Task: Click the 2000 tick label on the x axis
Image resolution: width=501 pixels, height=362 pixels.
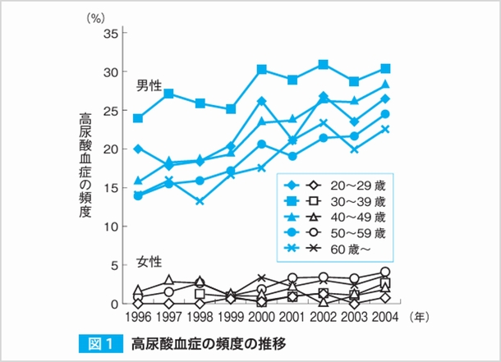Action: click(261, 317)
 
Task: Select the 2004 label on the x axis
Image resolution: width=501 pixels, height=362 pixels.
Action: click(384, 317)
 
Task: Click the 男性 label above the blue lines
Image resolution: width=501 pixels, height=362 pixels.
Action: click(149, 86)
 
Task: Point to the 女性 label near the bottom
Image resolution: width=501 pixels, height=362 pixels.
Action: click(149, 263)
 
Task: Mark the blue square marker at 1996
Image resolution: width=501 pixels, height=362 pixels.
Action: click(138, 118)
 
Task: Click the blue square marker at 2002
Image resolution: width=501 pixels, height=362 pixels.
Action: click(324, 64)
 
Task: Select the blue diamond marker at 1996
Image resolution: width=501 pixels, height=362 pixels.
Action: click(138, 149)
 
